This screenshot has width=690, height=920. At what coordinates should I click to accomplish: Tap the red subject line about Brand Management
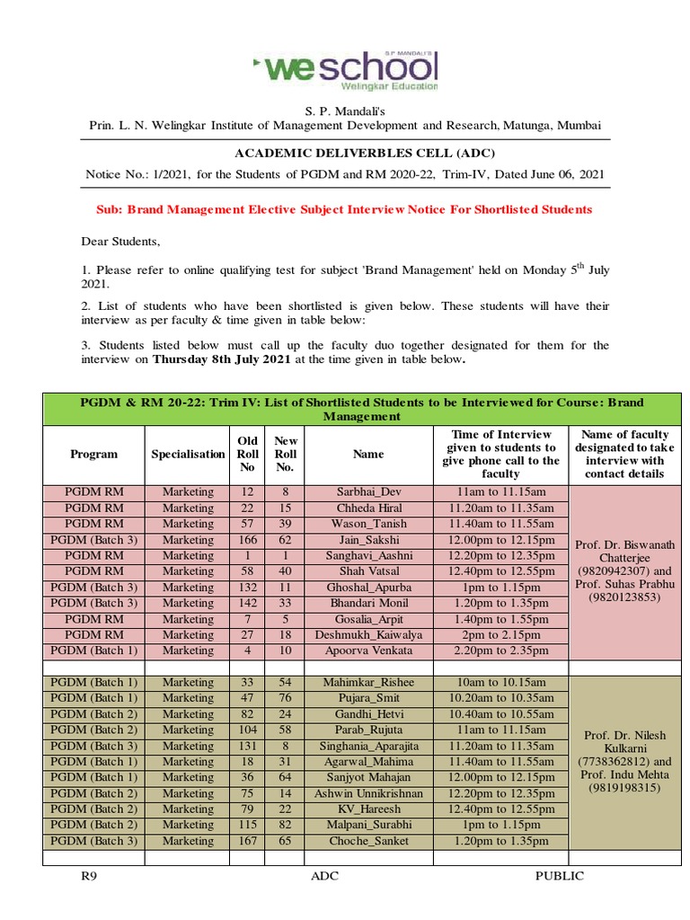345,209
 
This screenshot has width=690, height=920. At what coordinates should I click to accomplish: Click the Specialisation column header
188,454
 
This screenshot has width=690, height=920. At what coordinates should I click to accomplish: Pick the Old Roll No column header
246,454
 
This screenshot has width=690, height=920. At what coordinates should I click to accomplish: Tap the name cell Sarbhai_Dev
368,491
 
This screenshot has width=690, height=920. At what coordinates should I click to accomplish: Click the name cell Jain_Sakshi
368,539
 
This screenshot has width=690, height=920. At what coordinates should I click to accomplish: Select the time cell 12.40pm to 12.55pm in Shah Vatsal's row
500,571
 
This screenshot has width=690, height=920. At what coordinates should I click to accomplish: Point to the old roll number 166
246,539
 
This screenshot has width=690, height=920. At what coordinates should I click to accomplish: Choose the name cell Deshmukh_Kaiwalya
368,634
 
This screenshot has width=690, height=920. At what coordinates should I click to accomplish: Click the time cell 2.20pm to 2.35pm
500,650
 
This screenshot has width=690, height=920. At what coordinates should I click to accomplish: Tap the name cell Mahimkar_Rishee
368,682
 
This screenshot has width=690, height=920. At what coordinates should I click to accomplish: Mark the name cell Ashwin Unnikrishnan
368,793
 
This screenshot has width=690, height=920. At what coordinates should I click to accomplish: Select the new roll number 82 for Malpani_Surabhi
285,825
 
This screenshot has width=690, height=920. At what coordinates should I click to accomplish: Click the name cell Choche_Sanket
368,841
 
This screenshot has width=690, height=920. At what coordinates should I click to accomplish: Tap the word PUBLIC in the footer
559,876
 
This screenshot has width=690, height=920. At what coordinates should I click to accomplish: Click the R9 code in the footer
87,876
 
